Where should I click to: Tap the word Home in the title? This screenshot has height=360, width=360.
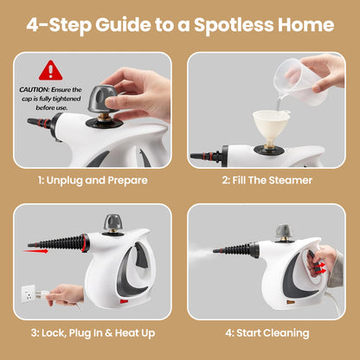click(307, 24)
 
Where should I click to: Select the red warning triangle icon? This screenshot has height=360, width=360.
click(51, 70)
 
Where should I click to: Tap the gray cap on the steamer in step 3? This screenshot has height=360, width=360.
click(113, 223)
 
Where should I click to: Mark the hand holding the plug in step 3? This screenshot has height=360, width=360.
click(67, 295)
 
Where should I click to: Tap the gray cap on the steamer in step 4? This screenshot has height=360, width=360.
click(284, 232)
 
